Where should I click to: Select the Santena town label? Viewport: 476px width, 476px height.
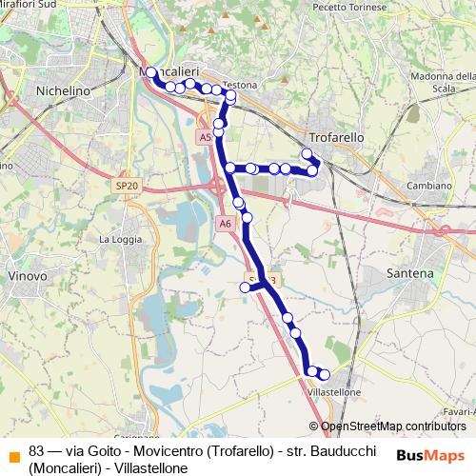[410, 273]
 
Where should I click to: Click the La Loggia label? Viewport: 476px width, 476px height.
[118, 240]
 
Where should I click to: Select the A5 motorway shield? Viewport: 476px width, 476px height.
[205, 138]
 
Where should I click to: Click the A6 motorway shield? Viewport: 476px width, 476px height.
[225, 224]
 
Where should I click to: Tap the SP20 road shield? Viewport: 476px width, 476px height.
[125, 185]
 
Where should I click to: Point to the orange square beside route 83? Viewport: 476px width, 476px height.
[12, 451]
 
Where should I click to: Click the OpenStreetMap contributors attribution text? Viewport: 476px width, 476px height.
[392, 426]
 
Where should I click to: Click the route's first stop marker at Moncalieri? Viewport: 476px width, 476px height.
[150, 72]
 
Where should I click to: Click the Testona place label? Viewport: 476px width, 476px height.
[240, 85]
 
